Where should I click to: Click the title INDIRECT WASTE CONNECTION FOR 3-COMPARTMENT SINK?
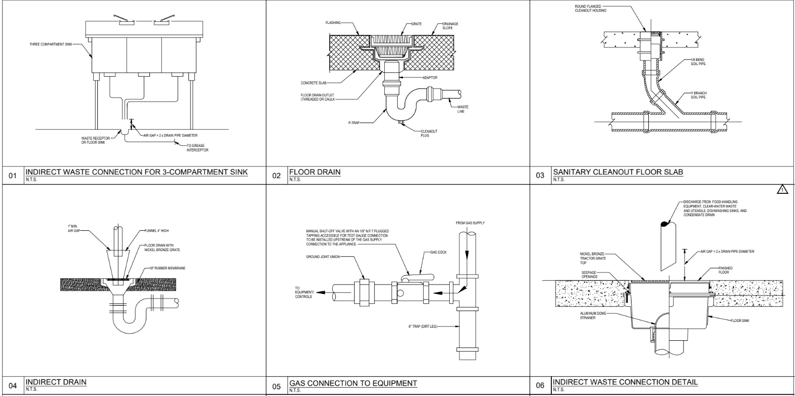point(136,172)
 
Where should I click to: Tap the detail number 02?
point(276,176)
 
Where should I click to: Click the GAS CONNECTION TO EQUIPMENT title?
point(353,383)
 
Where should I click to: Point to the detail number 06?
point(539,386)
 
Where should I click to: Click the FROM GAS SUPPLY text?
point(470,223)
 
